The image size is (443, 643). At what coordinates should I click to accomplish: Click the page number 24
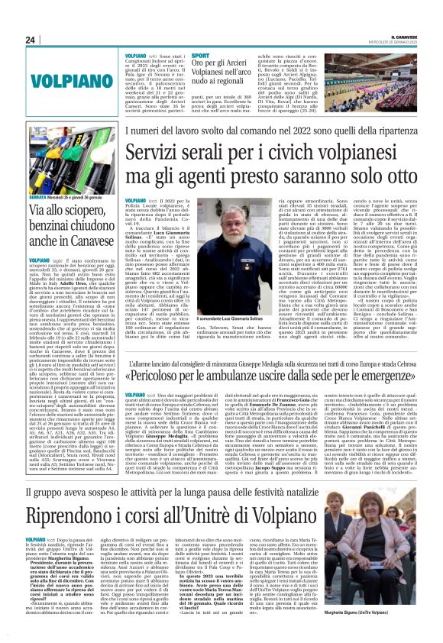coord(31,40)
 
